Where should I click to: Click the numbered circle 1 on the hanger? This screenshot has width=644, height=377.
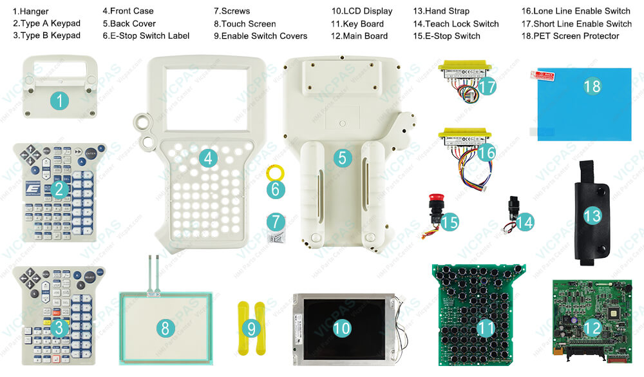(59, 100)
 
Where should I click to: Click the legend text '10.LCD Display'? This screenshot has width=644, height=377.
(361, 11)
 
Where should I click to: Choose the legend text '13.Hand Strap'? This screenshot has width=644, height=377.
(441, 11)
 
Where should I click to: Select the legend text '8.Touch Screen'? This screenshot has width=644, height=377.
(245, 24)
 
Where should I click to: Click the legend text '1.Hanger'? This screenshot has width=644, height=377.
(30, 11)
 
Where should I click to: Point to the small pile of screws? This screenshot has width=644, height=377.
(274, 237)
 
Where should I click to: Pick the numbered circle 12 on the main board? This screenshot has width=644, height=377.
(592, 327)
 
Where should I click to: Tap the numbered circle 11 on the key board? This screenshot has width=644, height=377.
(486, 328)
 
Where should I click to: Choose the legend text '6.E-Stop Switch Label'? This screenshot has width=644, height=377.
(146, 36)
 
